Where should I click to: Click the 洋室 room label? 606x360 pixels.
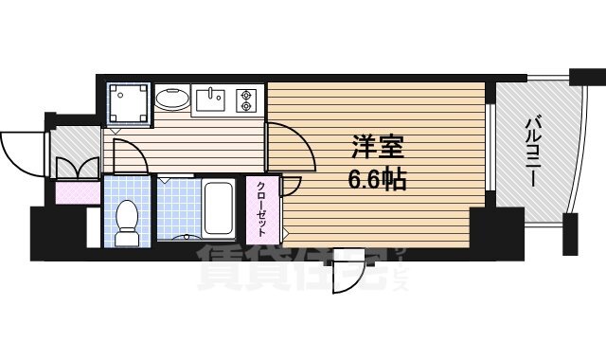(x=378, y=150)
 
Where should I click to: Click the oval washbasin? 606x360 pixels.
(x=171, y=99)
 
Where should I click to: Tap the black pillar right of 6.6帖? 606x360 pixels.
(x=490, y=233)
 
